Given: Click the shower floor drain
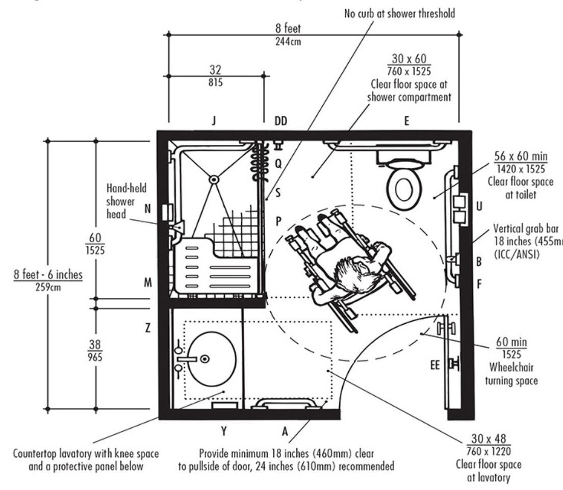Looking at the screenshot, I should click(214, 179).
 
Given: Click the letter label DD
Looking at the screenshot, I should click(281, 121).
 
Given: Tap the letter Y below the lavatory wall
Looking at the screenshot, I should click(223, 431).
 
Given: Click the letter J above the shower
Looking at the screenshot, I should click(215, 121).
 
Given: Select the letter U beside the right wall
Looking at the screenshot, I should click(479, 207).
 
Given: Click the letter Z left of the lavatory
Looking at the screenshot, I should click(148, 329).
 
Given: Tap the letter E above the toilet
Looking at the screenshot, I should click(406, 121).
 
